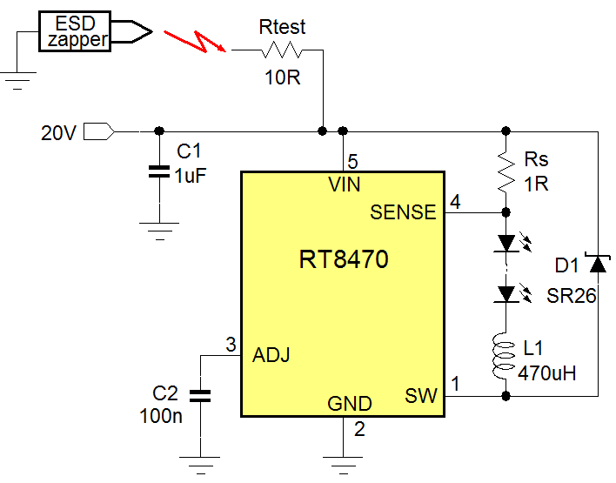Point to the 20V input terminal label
(x=59, y=133)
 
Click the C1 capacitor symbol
(x=157, y=171)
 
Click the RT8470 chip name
(x=343, y=259)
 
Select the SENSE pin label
(x=403, y=212)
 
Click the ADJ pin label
(x=271, y=355)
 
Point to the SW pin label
(x=421, y=397)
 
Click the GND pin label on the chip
(x=350, y=404)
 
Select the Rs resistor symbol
(x=506, y=172)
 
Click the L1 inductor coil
(x=506, y=358)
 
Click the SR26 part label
(x=571, y=296)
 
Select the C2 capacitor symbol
(x=200, y=396)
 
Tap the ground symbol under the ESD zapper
(x=17, y=84)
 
